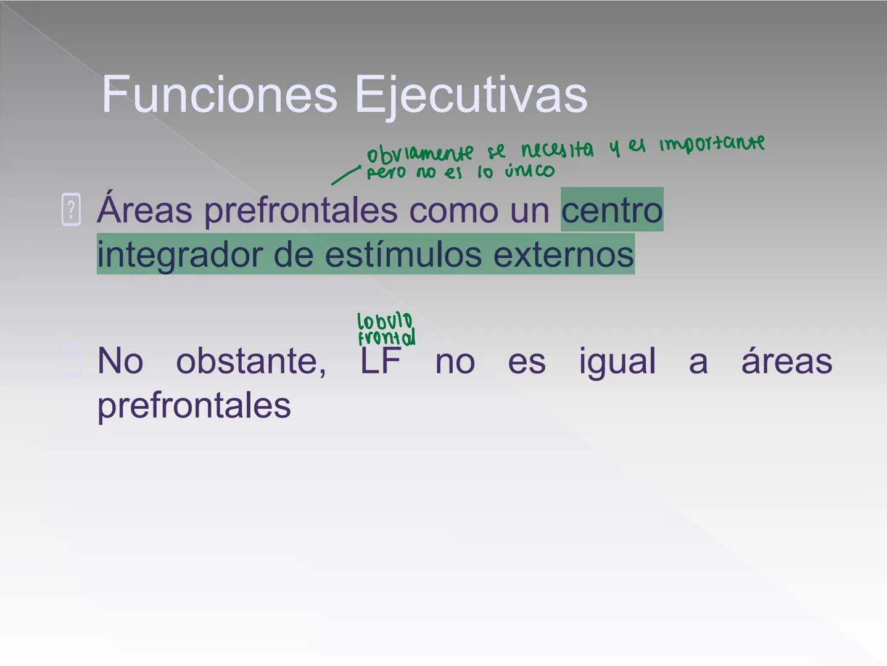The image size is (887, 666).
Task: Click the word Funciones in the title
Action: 219,94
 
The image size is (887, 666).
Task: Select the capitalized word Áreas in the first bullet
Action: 145,209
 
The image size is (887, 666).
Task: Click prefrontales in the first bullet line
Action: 300,210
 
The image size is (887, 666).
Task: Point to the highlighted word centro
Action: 611,210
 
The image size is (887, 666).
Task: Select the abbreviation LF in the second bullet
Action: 380,361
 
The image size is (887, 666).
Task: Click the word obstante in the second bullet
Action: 251,361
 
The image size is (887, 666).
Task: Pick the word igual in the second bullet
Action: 617,361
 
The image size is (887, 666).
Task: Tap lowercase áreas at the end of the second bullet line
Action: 786,361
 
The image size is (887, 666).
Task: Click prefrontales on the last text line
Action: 194,406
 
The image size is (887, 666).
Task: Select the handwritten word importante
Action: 712,144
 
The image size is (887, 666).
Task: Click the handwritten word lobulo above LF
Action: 385,321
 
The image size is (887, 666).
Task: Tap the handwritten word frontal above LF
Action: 387,338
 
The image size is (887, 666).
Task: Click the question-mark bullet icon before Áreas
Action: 71,210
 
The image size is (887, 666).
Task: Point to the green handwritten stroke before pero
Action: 345,175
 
